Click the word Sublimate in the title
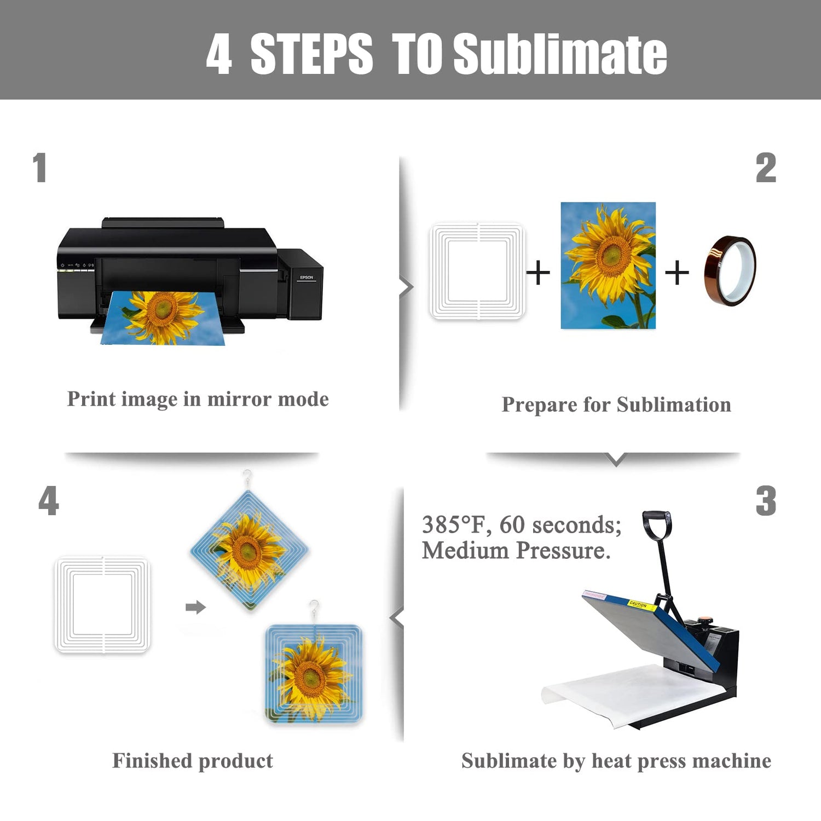click(x=560, y=53)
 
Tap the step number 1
click(x=39, y=167)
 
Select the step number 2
click(x=766, y=168)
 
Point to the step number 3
click(x=766, y=501)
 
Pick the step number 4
click(x=49, y=501)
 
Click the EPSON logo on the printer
click(x=307, y=277)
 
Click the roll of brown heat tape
click(x=730, y=270)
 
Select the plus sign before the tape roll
click(x=677, y=273)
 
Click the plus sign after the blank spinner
click(x=538, y=273)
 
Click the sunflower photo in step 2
click(x=608, y=265)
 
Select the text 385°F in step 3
click(x=453, y=524)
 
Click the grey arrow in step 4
click(x=195, y=607)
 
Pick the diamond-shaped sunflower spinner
click(x=250, y=551)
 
